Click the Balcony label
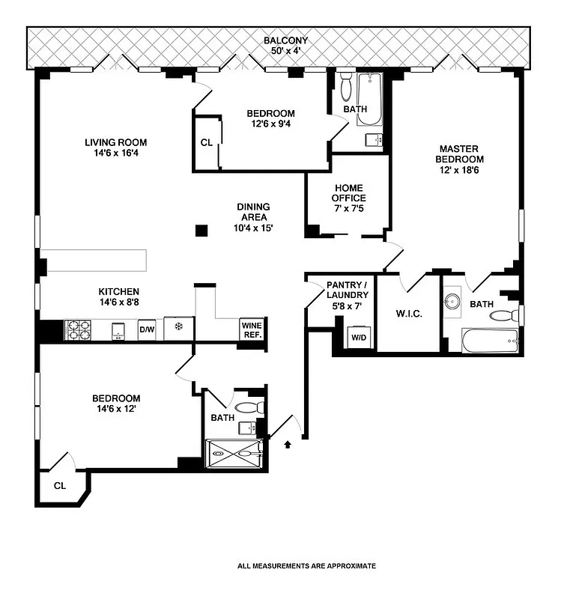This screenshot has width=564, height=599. (x=285, y=46)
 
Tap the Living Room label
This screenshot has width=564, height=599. (x=115, y=148)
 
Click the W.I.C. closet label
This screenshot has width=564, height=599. (x=408, y=314)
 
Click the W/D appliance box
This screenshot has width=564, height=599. (x=358, y=338)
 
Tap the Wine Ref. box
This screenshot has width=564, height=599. (x=251, y=329)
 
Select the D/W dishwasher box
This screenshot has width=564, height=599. (x=147, y=329)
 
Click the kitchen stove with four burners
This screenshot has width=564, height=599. (x=77, y=329)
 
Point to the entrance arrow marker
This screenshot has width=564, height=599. (x=288, y=444)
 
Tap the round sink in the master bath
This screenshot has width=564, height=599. (x=453, y=301)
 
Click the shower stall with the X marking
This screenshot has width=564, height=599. (x=234, y=452)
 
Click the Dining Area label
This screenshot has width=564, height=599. (x=253, y=217)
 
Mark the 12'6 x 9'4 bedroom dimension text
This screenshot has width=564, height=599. (x=270, y=124)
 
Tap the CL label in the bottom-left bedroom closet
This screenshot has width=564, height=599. (x=60, y=486)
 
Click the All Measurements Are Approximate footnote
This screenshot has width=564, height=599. (x=306, y=566)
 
